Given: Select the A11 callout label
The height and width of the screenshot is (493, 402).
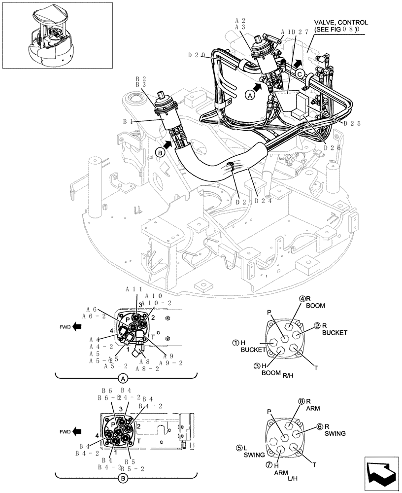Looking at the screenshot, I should coord(134,289).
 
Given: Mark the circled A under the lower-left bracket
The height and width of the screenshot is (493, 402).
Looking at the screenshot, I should coord(123,379).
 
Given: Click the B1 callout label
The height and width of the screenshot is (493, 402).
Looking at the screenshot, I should coord(129,121).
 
